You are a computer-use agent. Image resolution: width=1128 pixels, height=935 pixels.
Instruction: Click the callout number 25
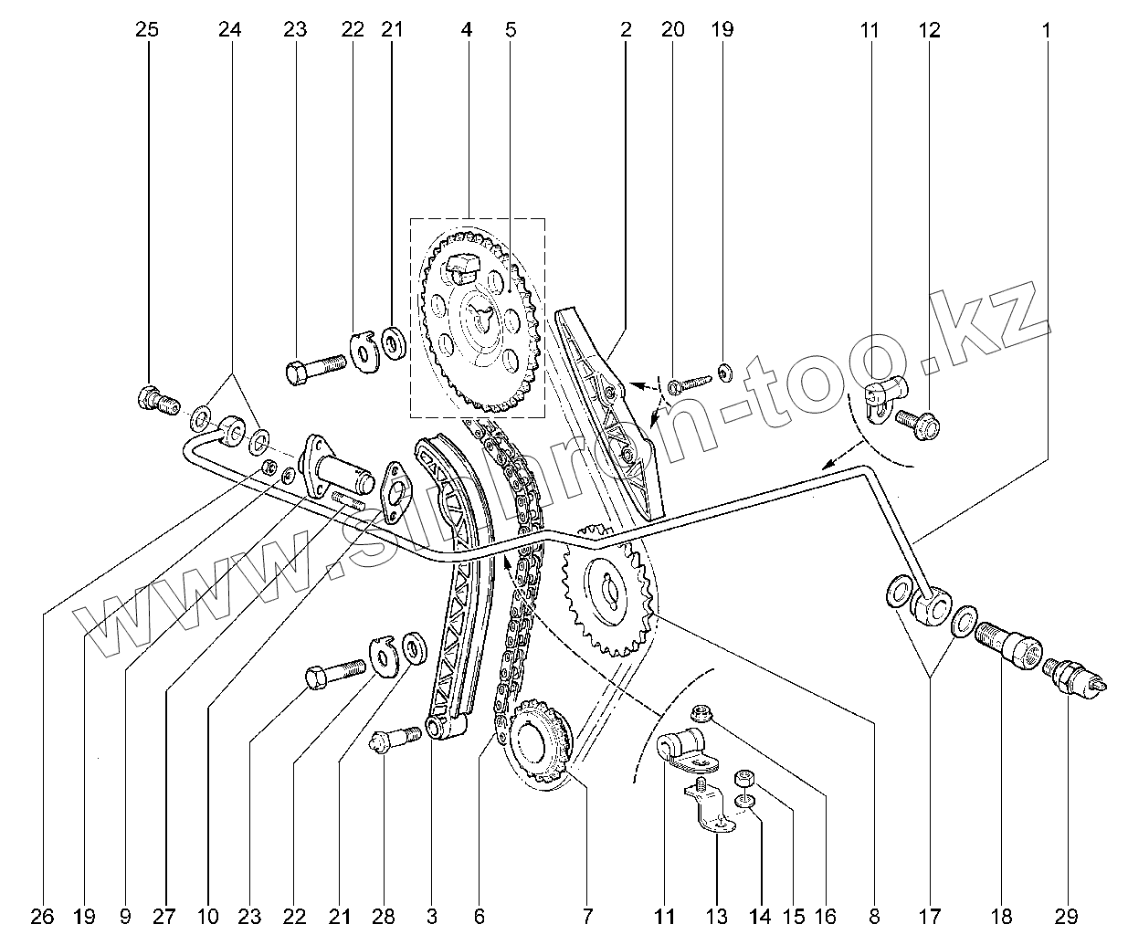click(x=146, y=30)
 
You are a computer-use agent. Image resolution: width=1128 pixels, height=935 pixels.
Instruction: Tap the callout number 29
click(x=1068, y=916)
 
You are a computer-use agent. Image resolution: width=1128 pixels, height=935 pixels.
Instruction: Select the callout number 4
click(x=467, y=30)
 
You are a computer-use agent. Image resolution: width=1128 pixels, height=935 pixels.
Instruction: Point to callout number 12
click(x=929, y=30)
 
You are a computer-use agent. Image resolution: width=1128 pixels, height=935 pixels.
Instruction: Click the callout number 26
click(x=43, y=916)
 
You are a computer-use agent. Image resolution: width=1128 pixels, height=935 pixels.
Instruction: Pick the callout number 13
click(x=719, y=916)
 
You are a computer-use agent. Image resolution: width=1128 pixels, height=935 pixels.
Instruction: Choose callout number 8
click(x=874, y=916)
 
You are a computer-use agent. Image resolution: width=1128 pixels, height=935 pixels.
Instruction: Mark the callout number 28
click(x=384, y=916)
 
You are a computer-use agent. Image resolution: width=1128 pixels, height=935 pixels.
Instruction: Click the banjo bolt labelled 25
click(x=157, y=401)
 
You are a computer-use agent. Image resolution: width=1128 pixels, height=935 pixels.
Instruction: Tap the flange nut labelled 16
click(x=702, y=713)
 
